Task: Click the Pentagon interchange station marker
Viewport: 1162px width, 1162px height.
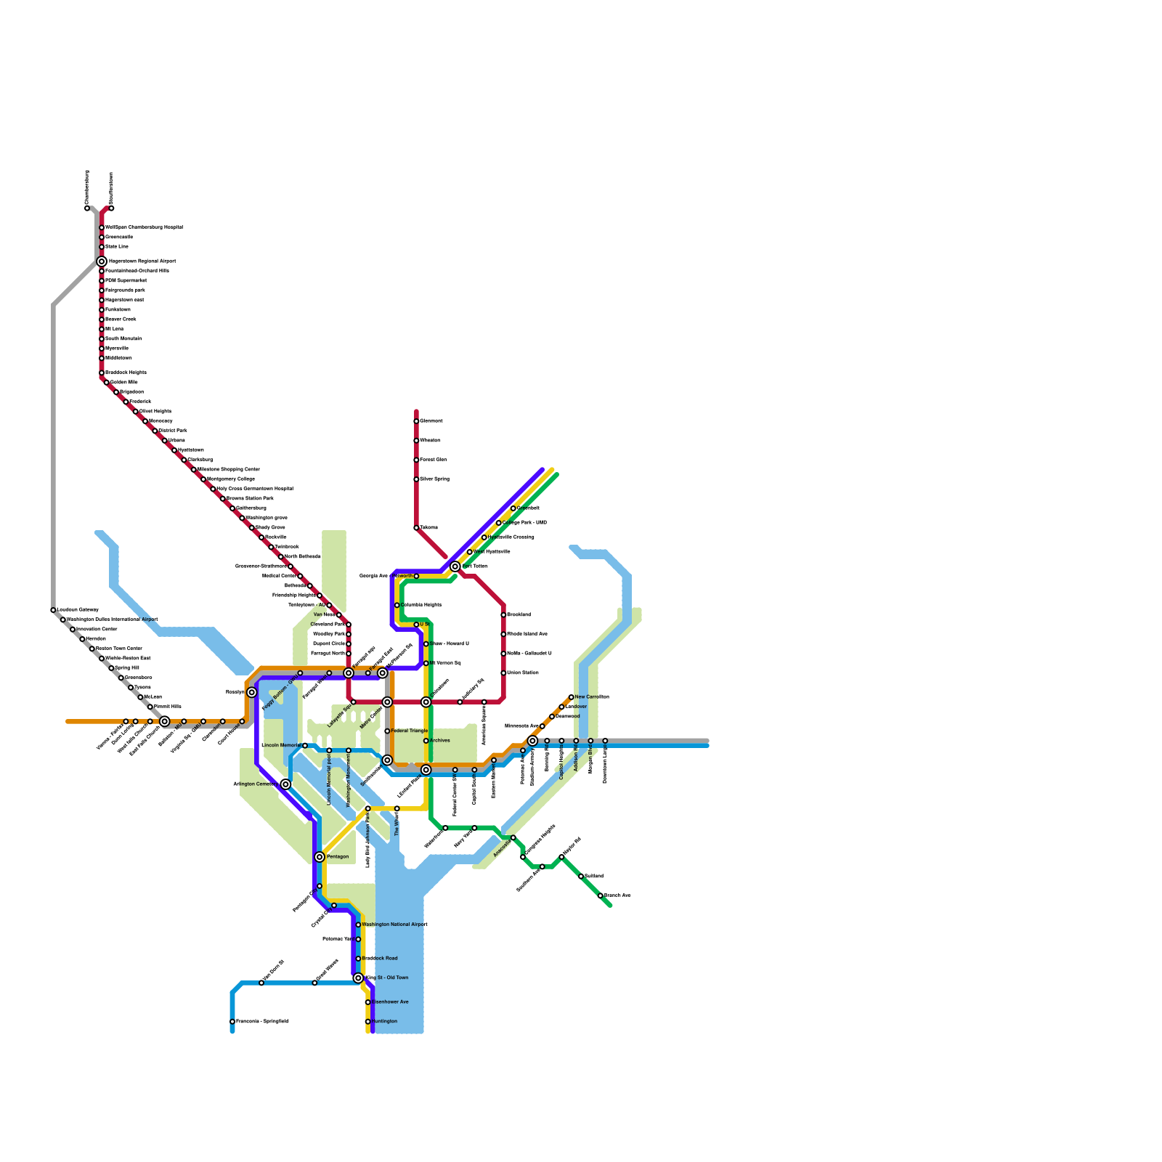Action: pos(320,857)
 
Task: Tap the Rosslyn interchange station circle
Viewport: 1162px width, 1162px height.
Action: pos(251,692)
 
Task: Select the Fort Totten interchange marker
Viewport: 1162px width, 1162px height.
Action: pos(455,566)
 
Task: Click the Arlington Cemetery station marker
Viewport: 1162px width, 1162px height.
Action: pos(286,784)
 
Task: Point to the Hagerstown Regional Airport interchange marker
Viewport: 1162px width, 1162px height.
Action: pos(102,261)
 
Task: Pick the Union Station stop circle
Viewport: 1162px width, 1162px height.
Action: pos(503,673)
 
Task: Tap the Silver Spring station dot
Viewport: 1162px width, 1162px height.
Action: pos(416,479)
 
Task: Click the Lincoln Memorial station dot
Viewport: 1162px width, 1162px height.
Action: pos(305,746)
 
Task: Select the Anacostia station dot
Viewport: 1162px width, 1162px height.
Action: pos(513,838)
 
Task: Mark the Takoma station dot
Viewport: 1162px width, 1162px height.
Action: pos(416,528)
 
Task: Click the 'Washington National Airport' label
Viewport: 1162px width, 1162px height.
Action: pos(394,925)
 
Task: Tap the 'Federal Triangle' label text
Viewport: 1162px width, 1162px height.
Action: pos(409,731)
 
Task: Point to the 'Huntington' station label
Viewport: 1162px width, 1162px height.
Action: pos(384,1021)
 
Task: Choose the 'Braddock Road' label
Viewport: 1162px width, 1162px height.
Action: pos(380,958)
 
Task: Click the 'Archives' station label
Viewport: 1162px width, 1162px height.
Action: pos(439,740)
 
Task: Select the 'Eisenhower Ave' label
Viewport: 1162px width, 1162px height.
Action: pos(390,1001)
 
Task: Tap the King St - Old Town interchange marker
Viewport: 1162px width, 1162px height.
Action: pos(358,978)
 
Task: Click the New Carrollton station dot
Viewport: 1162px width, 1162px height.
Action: pos(572,697)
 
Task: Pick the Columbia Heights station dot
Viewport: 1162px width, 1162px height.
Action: pos(397,605)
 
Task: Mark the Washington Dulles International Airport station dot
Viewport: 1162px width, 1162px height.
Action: pos(63,619)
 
